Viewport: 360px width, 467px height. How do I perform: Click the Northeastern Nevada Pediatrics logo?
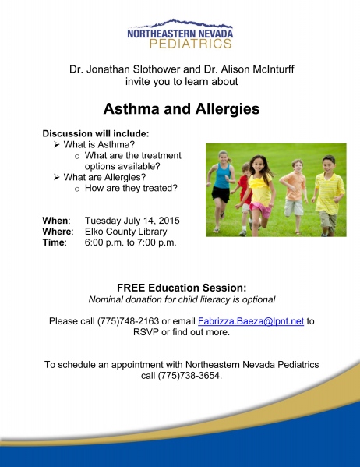point(180,34)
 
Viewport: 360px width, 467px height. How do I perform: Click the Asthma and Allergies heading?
point(182,108)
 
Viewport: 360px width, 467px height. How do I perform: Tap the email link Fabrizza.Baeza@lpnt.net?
point(251,321)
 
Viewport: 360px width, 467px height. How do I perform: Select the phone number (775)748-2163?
point(128,321)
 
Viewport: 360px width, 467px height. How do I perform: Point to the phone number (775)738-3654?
point(189,375)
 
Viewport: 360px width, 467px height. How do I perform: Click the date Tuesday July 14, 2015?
point(132,221)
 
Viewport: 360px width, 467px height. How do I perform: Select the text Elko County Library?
point(126,232)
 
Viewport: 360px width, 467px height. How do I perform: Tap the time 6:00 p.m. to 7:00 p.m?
point(130,242)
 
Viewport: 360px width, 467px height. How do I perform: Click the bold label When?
point(55,221)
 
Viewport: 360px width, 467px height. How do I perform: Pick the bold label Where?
point(57,232)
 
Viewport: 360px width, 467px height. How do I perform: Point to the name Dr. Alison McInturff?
point(249,69)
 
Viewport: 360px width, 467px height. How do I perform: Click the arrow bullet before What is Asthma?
point(57,145)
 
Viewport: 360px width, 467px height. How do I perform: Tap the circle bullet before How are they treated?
point(77,189)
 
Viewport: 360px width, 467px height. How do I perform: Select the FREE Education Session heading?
point(182,288)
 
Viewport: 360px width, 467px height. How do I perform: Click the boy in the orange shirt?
point(295,195)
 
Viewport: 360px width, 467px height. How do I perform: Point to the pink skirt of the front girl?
point(261,209)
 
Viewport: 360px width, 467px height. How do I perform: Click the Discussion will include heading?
point(96,133)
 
